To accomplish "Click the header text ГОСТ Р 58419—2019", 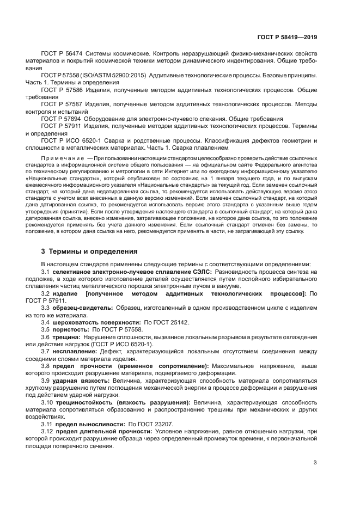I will pyautogui.click(x=286, y=36).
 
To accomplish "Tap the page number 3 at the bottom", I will pyautogui.click(x=315, y=463).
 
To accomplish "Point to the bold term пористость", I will pyautogui.click(x=72, y=330).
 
